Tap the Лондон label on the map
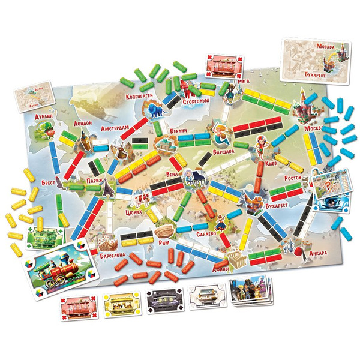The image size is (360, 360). click(83, 122)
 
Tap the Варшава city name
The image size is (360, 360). click(227, 152)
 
